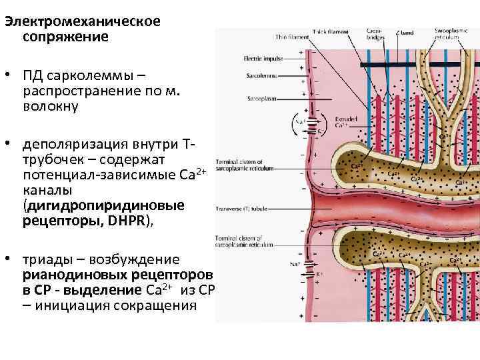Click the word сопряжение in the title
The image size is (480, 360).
65,37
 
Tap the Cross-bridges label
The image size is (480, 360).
374,34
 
